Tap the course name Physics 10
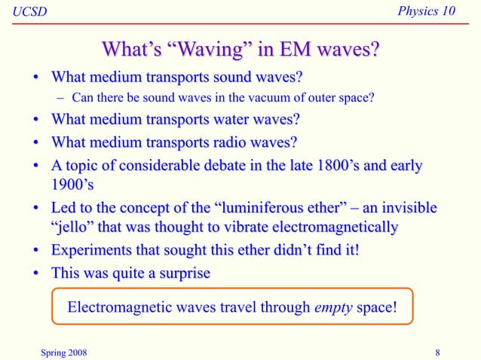click(x=435, y=12)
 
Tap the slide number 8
click(x=438, y=350)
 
